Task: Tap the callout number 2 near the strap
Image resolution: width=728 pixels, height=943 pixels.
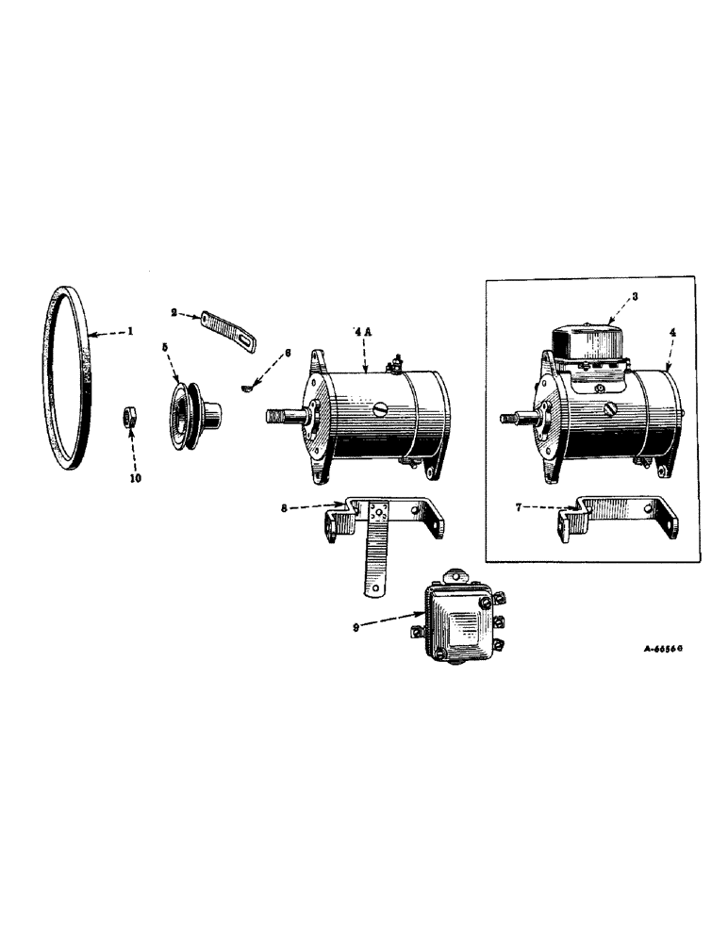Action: click(x=174, y=311)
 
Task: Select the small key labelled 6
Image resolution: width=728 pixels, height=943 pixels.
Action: click(x=245, y=385)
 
